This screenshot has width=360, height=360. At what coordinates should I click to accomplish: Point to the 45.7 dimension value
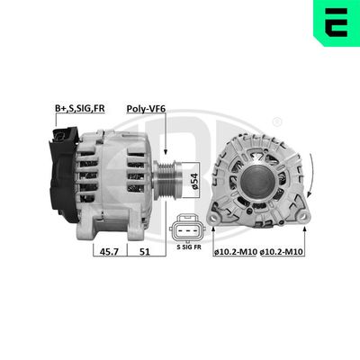(108, 254)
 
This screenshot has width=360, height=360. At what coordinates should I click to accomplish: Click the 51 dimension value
(144, 254)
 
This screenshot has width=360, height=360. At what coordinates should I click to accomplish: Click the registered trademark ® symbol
(276, 121)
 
